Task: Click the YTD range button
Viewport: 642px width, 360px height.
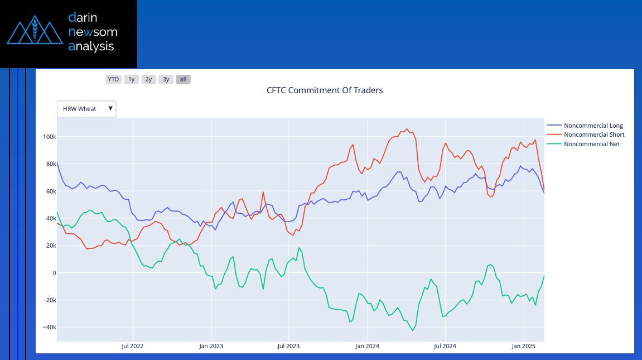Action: coord(113,79)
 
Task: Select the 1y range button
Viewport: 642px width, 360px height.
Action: coord(131,79)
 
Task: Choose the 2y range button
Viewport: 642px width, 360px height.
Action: coord(148,79)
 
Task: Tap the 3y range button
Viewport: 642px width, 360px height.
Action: coord(166,79)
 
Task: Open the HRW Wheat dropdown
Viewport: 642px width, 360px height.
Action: coord(86,109)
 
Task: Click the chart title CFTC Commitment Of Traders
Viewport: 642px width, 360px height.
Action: coord(325,90)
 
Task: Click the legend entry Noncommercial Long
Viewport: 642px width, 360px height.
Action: coord(593,126)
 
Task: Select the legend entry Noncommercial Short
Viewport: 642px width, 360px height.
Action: coord(593,135)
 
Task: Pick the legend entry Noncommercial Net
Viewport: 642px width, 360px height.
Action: coord(591,144)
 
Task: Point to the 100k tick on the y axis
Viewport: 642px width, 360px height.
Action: coord(49,137)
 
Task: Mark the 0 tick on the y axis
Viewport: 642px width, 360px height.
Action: coord(54,273)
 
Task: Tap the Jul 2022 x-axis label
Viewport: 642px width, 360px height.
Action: coord(133,346)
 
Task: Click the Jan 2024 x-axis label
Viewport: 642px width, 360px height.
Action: coord(367,346)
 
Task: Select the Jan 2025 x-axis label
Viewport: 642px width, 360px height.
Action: coord(523,346)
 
